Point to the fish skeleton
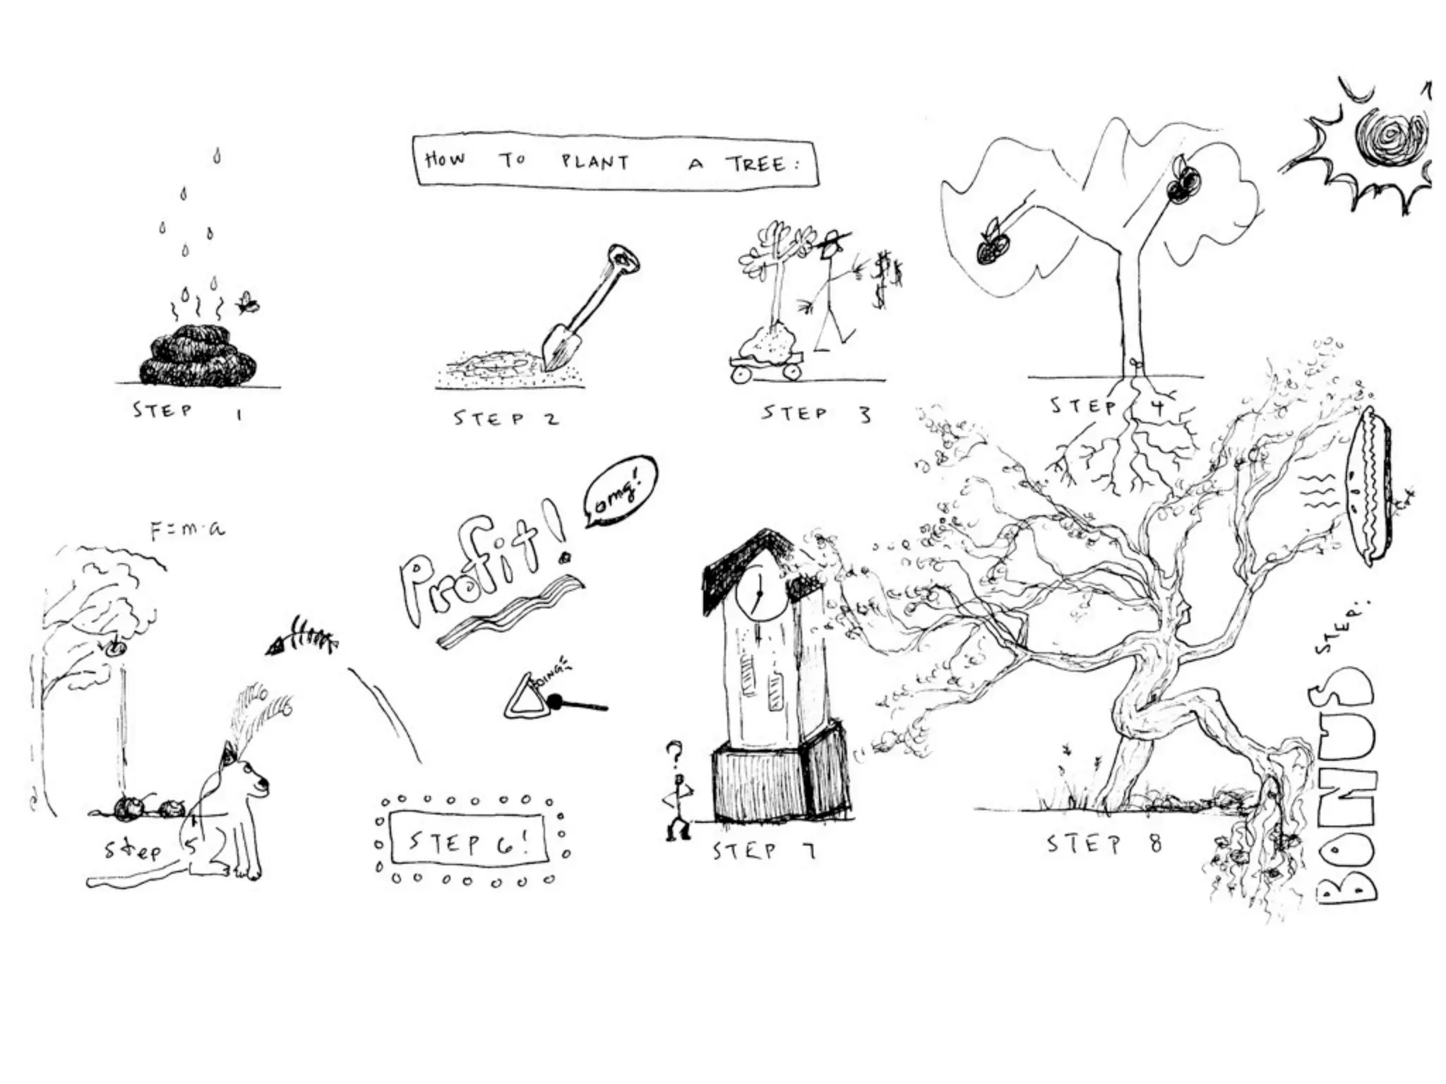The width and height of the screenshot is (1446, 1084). [x=301, y=637]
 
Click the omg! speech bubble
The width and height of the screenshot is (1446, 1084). [x=620, y=490]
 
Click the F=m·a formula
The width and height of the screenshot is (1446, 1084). [x=188, y=529]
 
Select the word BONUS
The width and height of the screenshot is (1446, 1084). [x=1346, y=783]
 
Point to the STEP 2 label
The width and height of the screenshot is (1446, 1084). [x=506, y=418]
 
